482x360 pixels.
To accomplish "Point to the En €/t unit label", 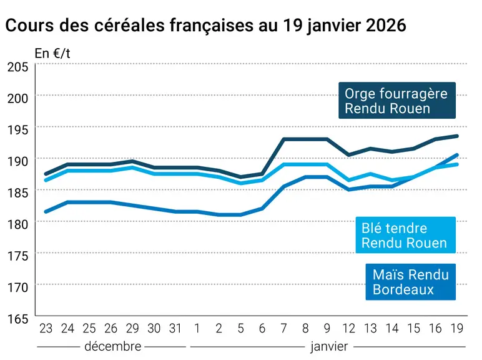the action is (52, 54).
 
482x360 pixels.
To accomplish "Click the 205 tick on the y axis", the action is (17, 67).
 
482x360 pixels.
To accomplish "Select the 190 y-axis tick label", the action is (17, 161).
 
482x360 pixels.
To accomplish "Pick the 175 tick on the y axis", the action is (17, 256).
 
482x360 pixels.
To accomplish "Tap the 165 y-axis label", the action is (17, 319).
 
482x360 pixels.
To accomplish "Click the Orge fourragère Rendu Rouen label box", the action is (397, 100).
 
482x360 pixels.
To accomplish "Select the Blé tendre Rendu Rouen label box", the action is (405, 235).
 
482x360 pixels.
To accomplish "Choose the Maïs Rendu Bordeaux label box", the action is (410, 282).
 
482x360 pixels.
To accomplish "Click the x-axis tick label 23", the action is (46, 329).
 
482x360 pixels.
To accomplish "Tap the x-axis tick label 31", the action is (175, 329).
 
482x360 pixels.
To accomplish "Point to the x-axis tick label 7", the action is (283, 329).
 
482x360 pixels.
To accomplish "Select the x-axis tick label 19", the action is (457, 329).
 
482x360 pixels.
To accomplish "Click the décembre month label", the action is (113, 346).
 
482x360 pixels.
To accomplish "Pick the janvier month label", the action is (329, 347).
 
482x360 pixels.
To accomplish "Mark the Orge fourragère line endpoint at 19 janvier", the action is (457, 136).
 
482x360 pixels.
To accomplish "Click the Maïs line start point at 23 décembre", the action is (46, 212).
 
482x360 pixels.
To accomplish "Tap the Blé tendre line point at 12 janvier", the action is (349, 180).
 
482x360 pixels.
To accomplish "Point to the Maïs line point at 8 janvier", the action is (305, 177).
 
